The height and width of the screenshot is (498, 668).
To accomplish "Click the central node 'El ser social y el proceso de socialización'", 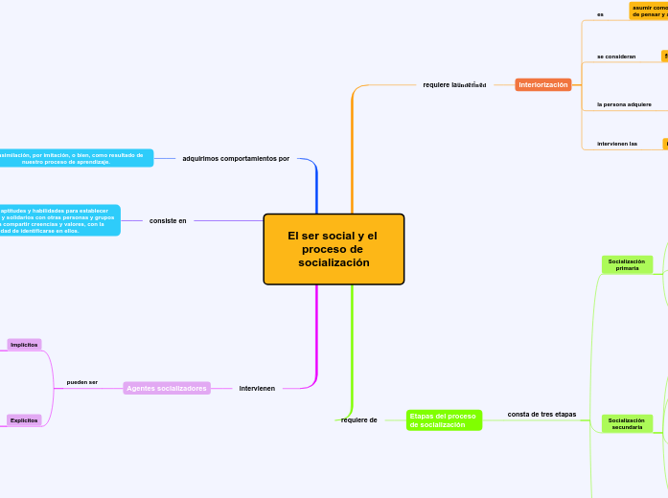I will click(x=334, y=249).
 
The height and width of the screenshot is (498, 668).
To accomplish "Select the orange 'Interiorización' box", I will click(x=543, y=84).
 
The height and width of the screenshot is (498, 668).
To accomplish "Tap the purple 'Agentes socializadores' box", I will click(x=167, y=388).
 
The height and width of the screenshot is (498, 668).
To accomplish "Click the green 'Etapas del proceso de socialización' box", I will click(x=444, y=420).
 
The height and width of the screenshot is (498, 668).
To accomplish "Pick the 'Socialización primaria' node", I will click(x=627, y=264).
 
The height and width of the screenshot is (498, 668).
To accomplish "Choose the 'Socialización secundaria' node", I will click(x=627, y=423).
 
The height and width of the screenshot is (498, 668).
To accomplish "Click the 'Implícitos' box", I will click(x=24, y=345).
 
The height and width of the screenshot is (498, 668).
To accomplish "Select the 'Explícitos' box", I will click(x=24, y=420).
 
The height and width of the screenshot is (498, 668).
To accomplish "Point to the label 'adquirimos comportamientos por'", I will click(x=236, y=158).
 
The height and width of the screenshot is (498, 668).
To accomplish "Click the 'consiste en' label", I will click(x=168, y=220).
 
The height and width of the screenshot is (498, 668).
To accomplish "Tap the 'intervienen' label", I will click(x=257, y=388).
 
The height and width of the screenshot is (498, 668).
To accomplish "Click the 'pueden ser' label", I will click(x=82, y=382).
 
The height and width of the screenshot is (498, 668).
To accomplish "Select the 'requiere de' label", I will click(x=359, y=419).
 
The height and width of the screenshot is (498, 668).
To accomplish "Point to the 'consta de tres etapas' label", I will click(x=541, y=414).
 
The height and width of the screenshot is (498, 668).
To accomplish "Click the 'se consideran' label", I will click(x=616, y=57).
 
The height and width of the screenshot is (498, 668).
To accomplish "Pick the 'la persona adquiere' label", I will click(x=624, y=104).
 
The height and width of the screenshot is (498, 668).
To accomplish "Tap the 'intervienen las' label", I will click(x=617, y=144).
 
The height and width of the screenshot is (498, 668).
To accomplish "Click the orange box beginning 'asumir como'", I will click(x=649, y=11).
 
